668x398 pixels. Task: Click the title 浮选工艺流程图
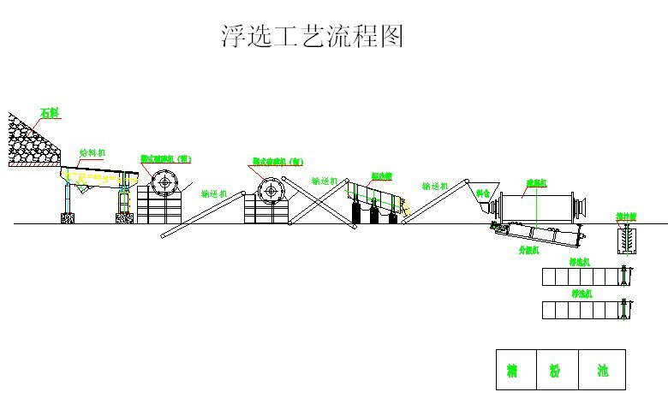click(x=312, y=36)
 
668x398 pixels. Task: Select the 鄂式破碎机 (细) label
click(x=277, y=161)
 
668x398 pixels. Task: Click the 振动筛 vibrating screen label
click(x=381, y=175)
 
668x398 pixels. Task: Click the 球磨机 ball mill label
click(x=536, y=182)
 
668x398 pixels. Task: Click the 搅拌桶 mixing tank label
click(x=628, y=216)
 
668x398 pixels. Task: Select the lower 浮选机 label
click(x=582, y=294)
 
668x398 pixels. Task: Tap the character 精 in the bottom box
click(x=512, y=371)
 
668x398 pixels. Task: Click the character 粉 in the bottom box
click(x=555, y=371)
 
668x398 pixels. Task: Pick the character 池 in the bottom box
click(x=602, y=371)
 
